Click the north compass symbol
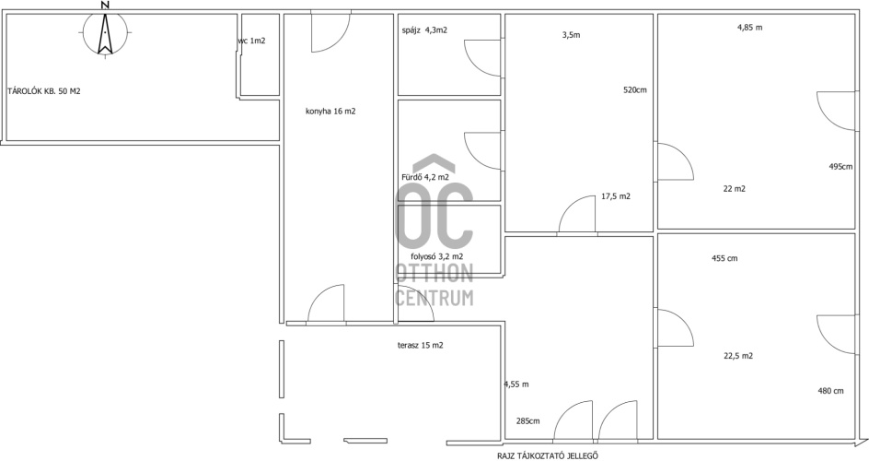point(105,32)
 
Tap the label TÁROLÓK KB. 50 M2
point(44,91)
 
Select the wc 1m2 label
point(251,41)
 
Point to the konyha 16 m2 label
point(330,111)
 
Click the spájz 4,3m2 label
point(424,30)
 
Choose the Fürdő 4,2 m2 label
point(424,178)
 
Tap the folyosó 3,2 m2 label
point(436,256)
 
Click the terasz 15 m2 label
point(420,345)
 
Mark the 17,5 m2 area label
point(616,195)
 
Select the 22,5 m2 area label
point(738,356)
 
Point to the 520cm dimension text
point(635,89)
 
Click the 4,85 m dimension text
point(750,27)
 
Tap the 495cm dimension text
point(840,167)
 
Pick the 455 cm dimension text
point(724,258)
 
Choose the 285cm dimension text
point(527,421)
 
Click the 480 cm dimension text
point(830,391)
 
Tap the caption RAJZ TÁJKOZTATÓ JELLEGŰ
point(548,456)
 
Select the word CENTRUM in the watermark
point(434,298)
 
